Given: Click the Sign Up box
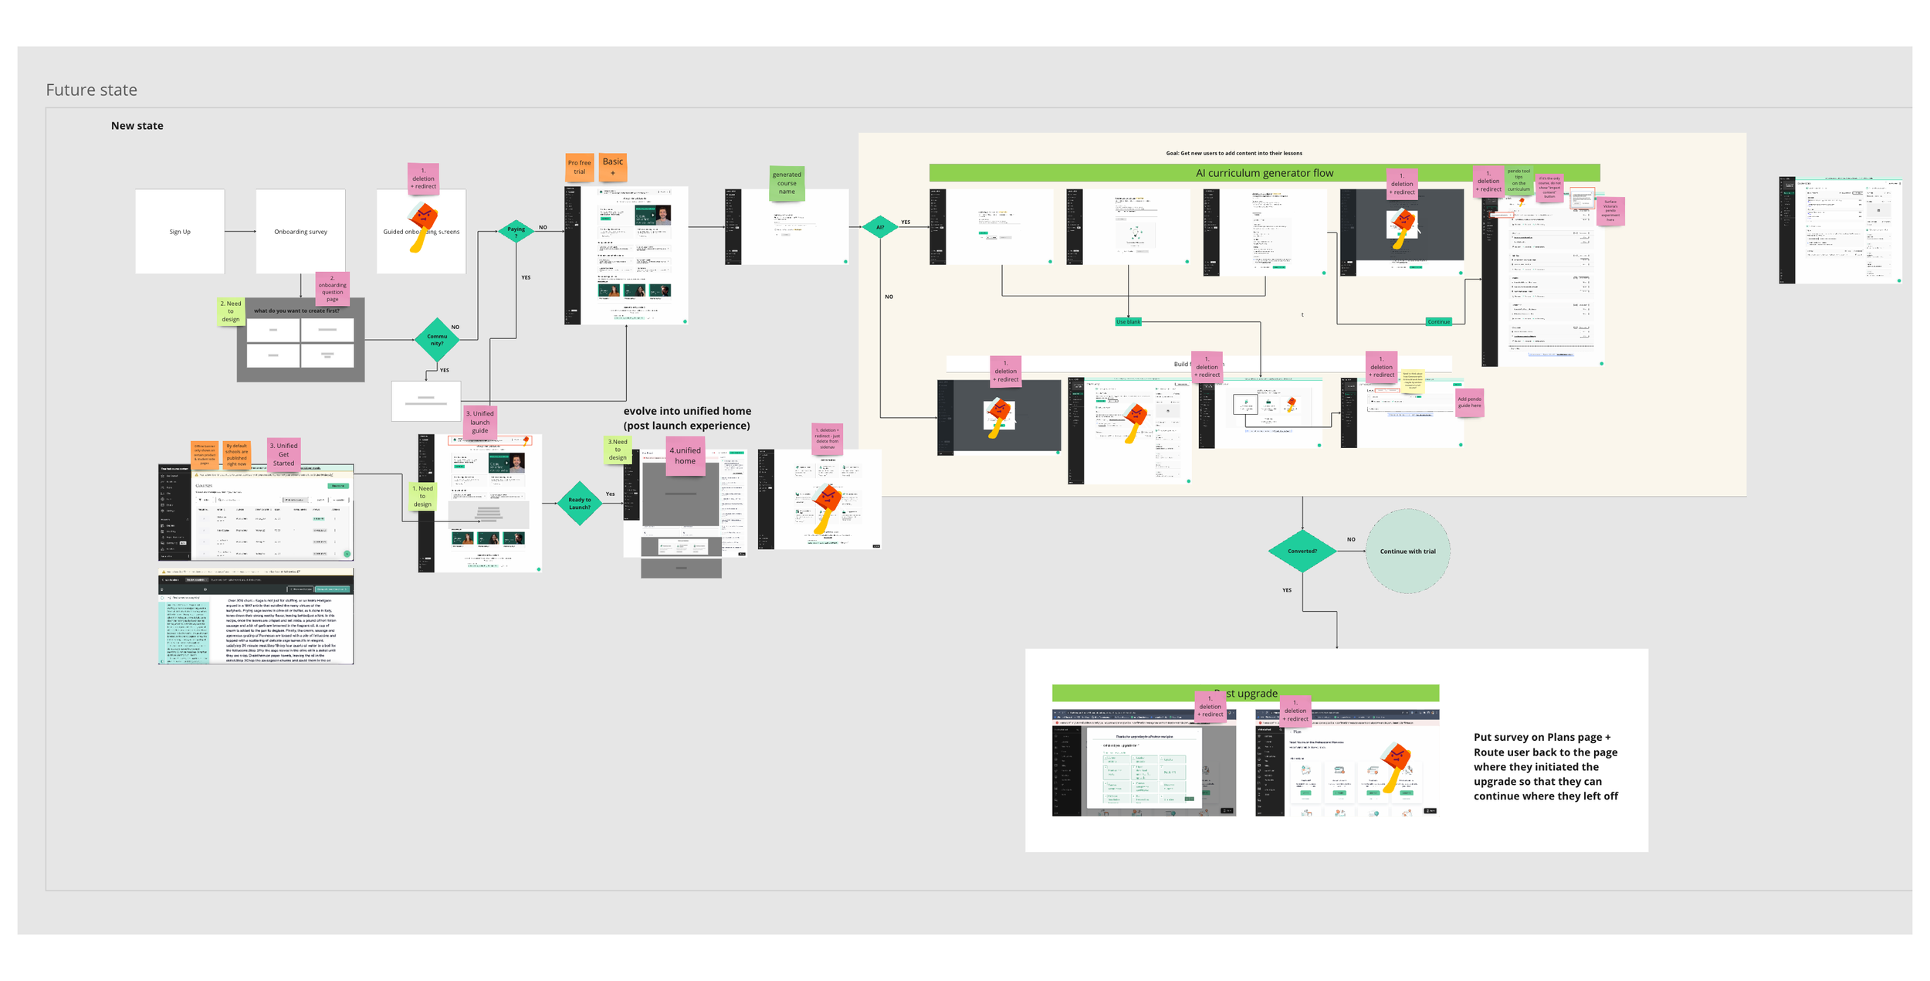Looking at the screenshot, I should click(x=180, y=231).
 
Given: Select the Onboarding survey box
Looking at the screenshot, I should click(x=300, y=231).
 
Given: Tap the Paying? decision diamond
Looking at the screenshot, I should click(x=516, y=229).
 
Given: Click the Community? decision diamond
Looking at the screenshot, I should click(x=437, y=339).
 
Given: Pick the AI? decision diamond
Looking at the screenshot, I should click(x=880, y=227).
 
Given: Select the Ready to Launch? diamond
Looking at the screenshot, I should click(x=579, y=504).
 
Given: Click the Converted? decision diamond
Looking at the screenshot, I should click(x=1302, y=551).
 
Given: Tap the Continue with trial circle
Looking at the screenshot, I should click(x=1407, y=551).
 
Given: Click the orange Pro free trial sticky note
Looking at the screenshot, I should click(x=579, y=167).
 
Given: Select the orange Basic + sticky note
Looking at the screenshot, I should click(x=613, y=166).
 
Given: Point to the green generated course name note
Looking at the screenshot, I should click(x=787, y=183).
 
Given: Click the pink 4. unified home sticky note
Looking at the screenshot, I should click(x=685, y=456).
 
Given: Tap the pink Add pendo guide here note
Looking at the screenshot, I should click(x=1469, y=402).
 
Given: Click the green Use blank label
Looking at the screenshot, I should click(x=1128, y=321).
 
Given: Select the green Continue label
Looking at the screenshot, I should click(x=1438, y=321).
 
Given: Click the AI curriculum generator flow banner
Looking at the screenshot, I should click(x=1264, y=173).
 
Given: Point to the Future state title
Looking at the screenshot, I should click(x=91, y=90).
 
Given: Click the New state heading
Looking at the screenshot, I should click(x=137, y=126).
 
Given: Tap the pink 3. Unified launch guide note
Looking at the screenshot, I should click(x=479, y=422).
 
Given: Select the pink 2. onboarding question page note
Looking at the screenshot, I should click(x=333, y=288).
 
